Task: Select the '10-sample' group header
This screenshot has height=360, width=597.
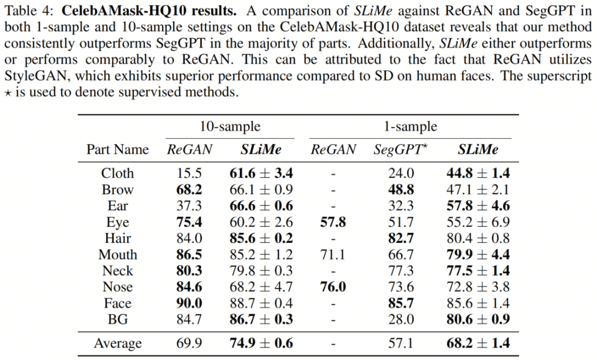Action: point(230,126)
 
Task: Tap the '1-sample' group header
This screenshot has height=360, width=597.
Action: point(410,126)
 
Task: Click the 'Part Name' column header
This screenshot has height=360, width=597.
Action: point(117,149)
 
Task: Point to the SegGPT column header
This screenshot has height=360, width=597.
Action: point(401,149)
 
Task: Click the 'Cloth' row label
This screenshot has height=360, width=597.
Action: point(117,173)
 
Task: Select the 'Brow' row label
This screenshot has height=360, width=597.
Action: point(117,190)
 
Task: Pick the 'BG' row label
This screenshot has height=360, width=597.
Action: point(117,320)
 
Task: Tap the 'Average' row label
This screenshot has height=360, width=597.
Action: point(117,343)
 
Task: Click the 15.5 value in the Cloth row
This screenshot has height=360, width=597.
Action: point(190,173)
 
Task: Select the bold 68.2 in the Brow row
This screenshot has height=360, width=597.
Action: point(190,190)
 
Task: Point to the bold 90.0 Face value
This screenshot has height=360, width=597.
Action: point(190,304)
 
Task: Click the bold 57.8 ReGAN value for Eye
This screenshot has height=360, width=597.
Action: point(333,222)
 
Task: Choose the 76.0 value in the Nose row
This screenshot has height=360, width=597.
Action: point(333,287)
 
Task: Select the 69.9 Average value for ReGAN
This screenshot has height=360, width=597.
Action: point(190,343)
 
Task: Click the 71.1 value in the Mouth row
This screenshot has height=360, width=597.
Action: point(333,255)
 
